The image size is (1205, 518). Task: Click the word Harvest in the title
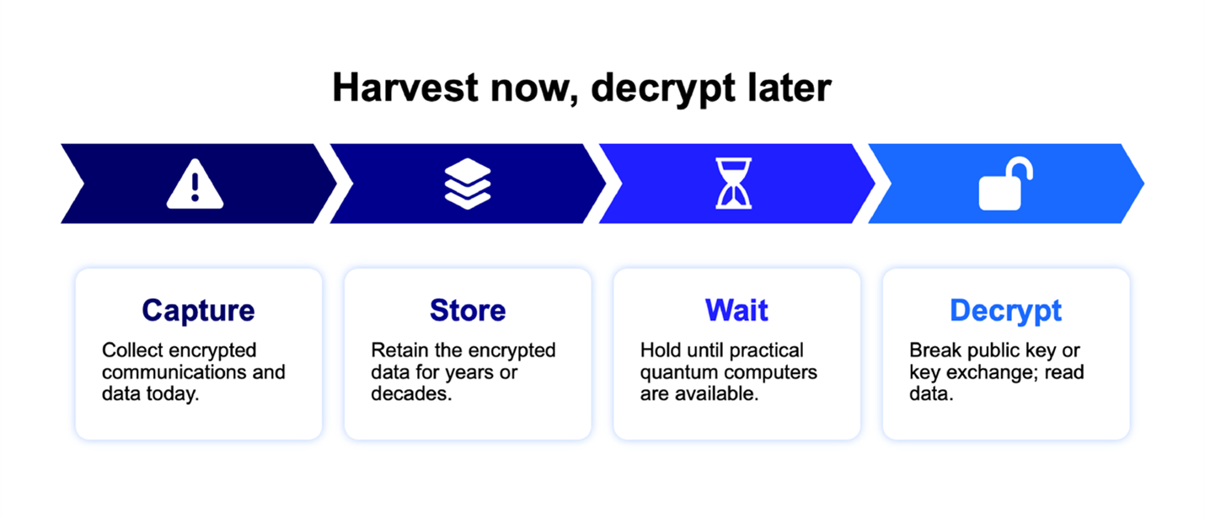pyautogui.click(x=405, y=88)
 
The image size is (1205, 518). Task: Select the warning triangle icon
pyautogui.click(x=195, y=184)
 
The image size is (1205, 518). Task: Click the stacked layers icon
pyautogui.click(x=468, y=184)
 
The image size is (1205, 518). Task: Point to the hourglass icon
pyautogui.click(x=734, y=183)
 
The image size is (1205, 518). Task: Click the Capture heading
pyautogui.click(x=199, y=310)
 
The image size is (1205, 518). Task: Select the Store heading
pyautogui.click(x=468, y=310)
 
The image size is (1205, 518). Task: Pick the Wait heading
pyautogui.click(x=736, y=310)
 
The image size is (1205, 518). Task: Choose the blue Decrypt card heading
pyautogui.click(x=1005, y=312)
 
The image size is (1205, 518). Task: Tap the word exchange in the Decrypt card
pyautogui.click(x=993, y=373)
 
